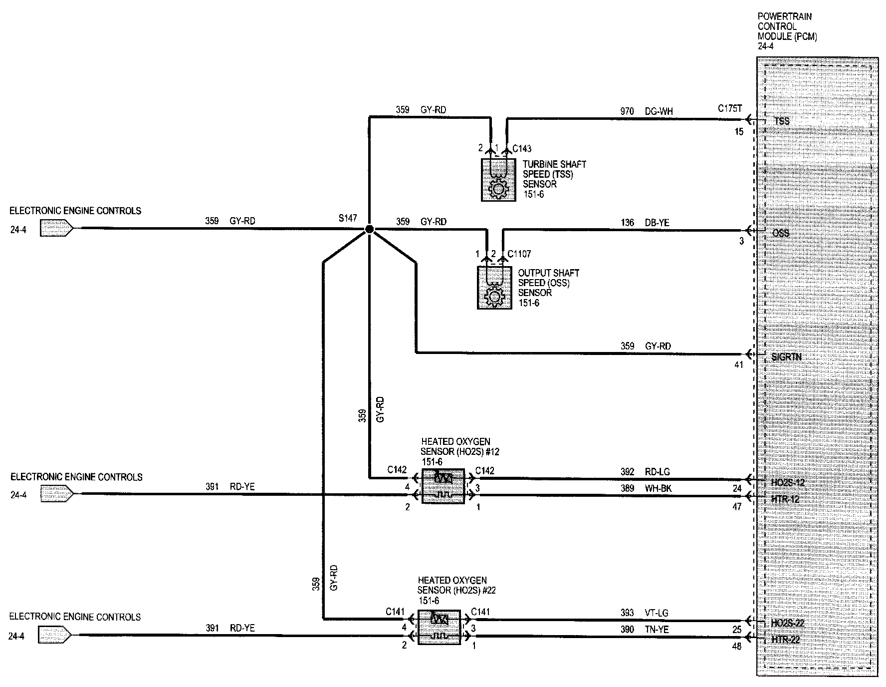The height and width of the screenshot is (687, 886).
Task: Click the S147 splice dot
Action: tap(369, 229)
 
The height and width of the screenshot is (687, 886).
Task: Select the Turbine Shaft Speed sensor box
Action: tap(498, 180)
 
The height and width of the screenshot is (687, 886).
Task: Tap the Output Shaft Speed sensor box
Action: tap(494, 288)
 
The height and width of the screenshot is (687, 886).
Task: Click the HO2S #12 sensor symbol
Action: tap(443, 486)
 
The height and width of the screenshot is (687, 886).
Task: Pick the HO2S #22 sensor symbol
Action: tap(439, 627)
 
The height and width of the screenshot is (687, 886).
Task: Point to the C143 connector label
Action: tap(522, 148)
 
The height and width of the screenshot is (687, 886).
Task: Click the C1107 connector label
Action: tap(519, 254)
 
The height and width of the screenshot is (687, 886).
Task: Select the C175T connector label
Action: tap(730, 108)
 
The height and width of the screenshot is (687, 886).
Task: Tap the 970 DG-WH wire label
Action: tap(647, 111)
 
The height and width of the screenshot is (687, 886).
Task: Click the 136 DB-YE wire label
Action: tap(646, 223)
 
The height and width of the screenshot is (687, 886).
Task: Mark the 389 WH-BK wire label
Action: tap(646, 488)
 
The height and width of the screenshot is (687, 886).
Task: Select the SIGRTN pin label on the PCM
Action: tap(786, 357)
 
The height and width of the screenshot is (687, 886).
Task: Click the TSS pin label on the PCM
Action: tap(782, 121)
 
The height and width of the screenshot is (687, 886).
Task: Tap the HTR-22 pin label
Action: tap(785, 640)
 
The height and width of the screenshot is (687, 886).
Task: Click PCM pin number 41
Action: tap(739, 365)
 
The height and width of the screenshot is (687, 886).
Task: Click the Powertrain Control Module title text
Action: tap(787, 26)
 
